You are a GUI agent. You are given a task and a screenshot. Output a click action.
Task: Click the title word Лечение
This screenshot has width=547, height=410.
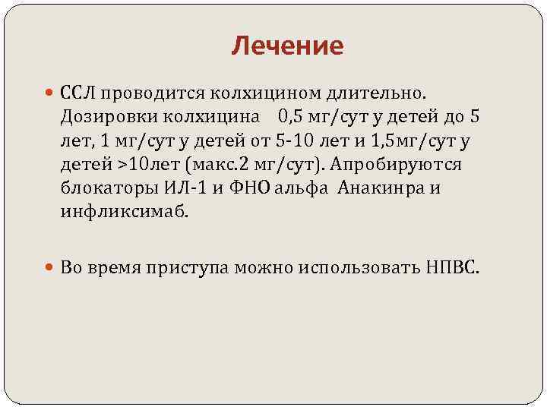(x=287, y=47)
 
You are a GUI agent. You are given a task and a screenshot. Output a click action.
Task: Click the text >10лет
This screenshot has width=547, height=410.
(x=140, y=166)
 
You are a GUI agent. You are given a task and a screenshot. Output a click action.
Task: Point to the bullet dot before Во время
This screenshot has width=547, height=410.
(x=50, y=268)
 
